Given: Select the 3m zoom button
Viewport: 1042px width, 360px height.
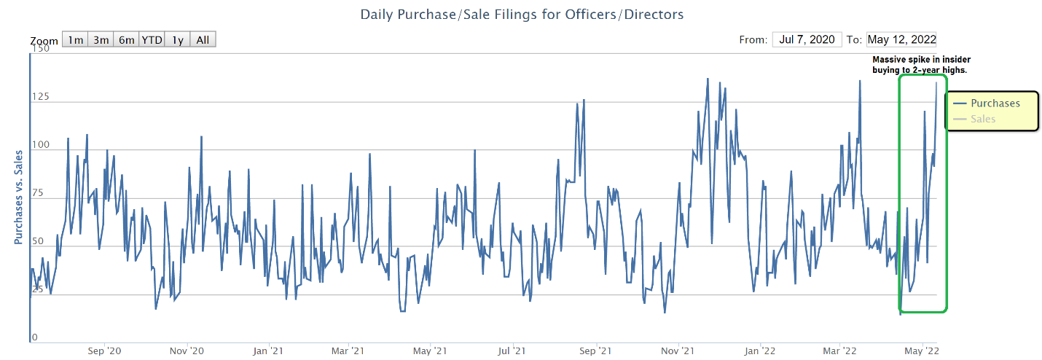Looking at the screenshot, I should (x=101, y=40).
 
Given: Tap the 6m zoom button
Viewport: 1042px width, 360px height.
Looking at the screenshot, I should (x=126, y=40).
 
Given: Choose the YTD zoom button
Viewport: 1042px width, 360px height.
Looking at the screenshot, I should (x=152, y=40).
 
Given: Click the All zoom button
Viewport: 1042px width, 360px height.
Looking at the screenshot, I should (x=203, y=40).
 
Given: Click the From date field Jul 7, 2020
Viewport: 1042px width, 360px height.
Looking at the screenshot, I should (x=807, y=39).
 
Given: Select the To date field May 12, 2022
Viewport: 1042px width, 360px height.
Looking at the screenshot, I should (x=902, y=39).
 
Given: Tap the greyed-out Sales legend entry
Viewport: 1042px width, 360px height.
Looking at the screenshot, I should (x=983, y=118).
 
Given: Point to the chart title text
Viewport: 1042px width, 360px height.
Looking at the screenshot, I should (x=522, y=14).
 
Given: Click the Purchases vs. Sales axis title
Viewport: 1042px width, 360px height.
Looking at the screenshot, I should (x=19, y=196).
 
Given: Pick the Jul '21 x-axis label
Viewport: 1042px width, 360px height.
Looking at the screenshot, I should (x=512, y=351).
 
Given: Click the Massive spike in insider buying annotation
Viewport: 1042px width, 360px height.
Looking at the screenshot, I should (x=922, y=65).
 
